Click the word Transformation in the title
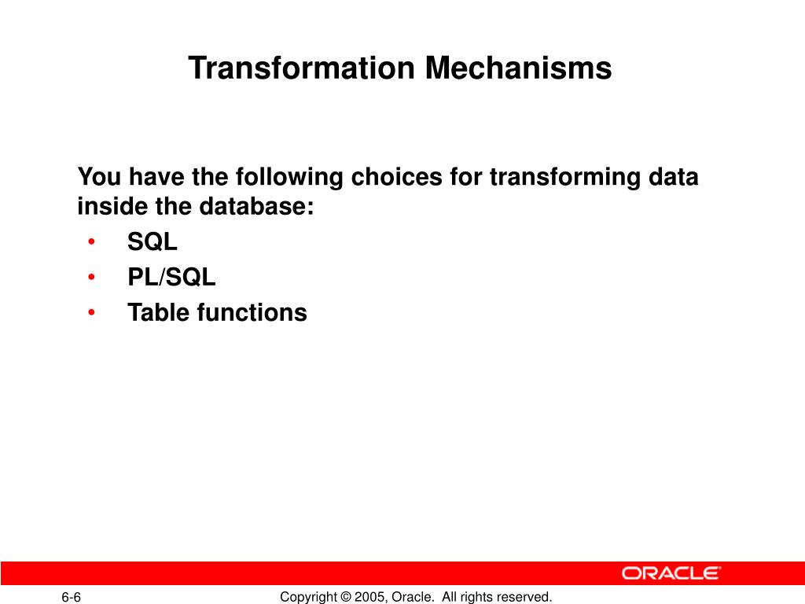(301, 68)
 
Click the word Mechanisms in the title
(519, 68)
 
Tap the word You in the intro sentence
(99, 177)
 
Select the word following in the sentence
(289, 178)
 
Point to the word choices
(396, 177)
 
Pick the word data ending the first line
(674, 177)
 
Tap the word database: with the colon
(256, 206)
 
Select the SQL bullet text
(153, 241)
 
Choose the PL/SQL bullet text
(171, 277)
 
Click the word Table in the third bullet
(158, 312)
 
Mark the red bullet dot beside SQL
(91, 241)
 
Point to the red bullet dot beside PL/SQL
(91, 277)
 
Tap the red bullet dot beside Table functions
(91, 312)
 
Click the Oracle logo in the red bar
(671, 573)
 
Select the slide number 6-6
(72, 597)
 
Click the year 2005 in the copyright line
(369, 597)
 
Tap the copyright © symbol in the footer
(346, 597)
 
